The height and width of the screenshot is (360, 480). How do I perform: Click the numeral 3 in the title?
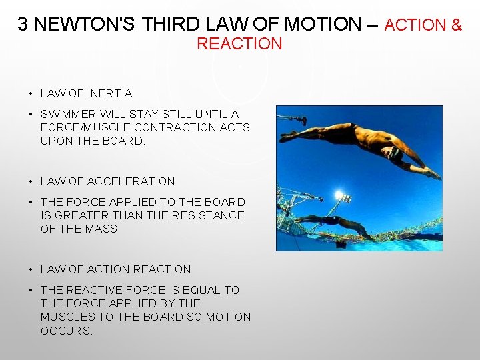23,25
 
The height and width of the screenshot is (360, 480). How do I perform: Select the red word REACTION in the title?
239,44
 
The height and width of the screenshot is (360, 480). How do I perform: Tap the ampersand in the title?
457,25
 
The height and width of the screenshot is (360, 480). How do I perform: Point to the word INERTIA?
111,93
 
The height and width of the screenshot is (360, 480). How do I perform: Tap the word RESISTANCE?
208,215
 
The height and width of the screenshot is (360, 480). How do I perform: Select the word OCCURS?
67,331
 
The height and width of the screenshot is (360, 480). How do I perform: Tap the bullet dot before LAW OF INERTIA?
31,94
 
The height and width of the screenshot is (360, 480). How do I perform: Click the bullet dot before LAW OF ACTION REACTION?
31,270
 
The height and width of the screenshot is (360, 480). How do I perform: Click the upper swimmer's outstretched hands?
434,174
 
